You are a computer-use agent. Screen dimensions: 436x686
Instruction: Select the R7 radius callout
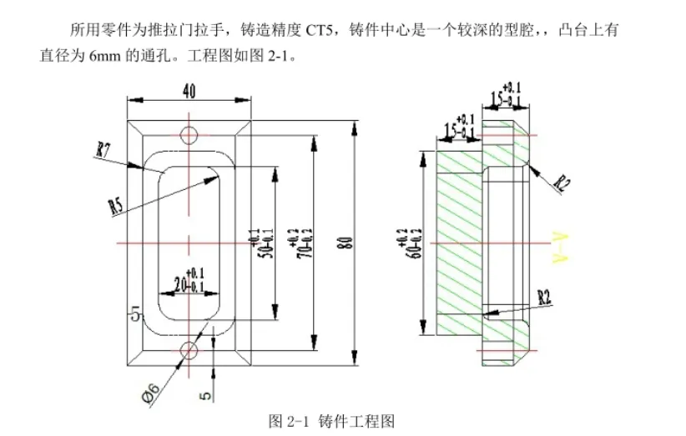[104, 150]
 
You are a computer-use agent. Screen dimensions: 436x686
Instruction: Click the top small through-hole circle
[190, 134]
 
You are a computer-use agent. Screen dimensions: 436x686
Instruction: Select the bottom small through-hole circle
[190, 349]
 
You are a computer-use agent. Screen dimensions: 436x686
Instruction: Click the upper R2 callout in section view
[562, 183]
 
